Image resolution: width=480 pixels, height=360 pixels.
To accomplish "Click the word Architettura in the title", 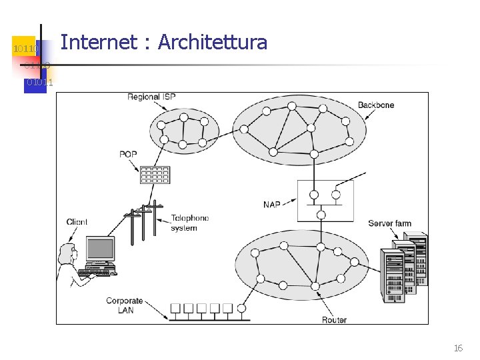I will click(x=212, y=43).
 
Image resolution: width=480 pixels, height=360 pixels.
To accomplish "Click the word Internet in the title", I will click(x=99, y=43).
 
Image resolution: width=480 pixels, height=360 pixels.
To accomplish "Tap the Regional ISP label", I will click(x=152, y=97).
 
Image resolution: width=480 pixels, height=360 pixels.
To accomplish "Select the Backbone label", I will click(x=376, y=105).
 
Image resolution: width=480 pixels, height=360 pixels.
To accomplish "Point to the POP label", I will click(x=128, y=155).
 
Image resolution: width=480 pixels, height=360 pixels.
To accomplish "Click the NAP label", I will click(x=272, y=205).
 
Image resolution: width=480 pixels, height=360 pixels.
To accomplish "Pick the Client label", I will click(x=77, y=222).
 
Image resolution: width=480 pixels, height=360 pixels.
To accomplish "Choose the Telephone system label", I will click(x=189, y=223).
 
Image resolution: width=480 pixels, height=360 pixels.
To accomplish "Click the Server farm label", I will click(x=389, y=223).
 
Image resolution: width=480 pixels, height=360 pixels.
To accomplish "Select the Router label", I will click(x=334, y=320).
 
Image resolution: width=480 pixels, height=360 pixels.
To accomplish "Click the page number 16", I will click(x=458, y=348).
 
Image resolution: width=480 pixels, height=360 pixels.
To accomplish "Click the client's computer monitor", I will click(x=101, y=250).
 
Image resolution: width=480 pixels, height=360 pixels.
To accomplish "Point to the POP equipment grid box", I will click(x=155, y=174).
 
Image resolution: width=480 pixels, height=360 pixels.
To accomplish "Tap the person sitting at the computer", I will click(x=69, y=263).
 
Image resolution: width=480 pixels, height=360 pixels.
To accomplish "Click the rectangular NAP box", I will click(x=325, y=200).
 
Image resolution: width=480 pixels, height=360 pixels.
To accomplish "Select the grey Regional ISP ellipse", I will click(x=184, y=131).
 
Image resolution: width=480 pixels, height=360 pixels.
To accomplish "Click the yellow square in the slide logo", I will click(x=25, y=46).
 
